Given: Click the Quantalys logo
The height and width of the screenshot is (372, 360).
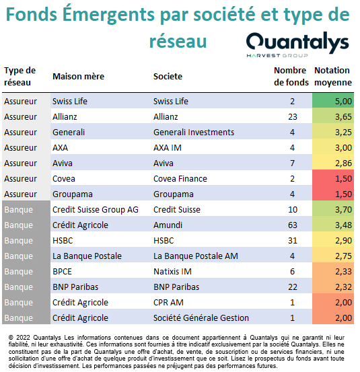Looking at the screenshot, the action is [297, 44].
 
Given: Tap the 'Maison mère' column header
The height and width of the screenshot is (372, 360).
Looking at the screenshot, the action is [78, 77].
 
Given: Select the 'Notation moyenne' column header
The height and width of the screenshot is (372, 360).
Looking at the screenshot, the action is [332, 77].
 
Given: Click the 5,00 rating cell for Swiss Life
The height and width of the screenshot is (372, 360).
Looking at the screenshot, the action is [333, 101].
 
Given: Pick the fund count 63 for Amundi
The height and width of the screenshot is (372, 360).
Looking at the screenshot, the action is [292, 225].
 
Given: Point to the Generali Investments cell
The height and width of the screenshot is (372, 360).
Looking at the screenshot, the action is [194, 132].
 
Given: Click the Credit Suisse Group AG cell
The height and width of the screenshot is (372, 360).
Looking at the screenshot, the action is [96, 210].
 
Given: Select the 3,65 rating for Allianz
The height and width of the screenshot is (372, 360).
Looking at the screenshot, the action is [333, 116].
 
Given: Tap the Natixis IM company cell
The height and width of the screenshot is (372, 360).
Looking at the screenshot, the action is [172, 271].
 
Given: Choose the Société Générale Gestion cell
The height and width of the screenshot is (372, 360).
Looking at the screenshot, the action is [201, 318].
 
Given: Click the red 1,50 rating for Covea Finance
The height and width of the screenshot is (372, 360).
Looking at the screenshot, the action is [333, 178].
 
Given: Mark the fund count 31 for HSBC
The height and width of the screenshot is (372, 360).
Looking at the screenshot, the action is [292, 240].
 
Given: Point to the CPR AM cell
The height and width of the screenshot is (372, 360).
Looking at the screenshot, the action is [168, 302].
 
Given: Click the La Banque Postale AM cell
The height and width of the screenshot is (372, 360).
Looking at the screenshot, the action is [196, 256].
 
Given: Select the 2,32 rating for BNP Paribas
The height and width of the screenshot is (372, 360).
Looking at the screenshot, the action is [333, 287].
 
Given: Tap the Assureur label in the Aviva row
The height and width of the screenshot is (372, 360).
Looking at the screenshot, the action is [20, 163].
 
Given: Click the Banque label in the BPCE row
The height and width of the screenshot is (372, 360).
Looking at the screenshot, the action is [19, 271].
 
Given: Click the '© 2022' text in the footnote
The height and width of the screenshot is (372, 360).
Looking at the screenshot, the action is [20, 338].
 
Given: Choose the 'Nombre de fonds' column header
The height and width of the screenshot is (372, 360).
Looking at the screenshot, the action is [291, 77].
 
